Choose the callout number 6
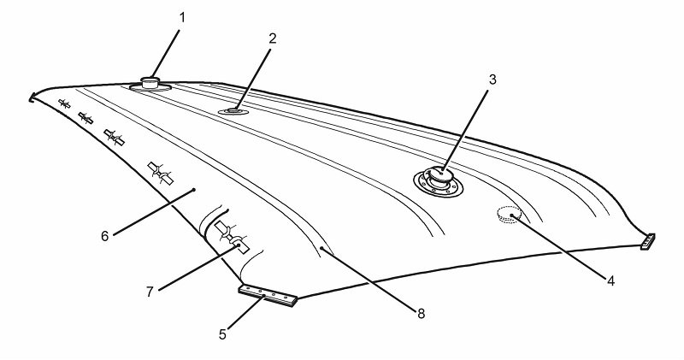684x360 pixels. (104, 236)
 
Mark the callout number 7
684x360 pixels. (150, 291)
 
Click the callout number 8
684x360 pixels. (421, 314)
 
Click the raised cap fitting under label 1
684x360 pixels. (151, 83)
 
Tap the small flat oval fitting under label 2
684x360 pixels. (233, 110)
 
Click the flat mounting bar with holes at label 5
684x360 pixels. (268, 295)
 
